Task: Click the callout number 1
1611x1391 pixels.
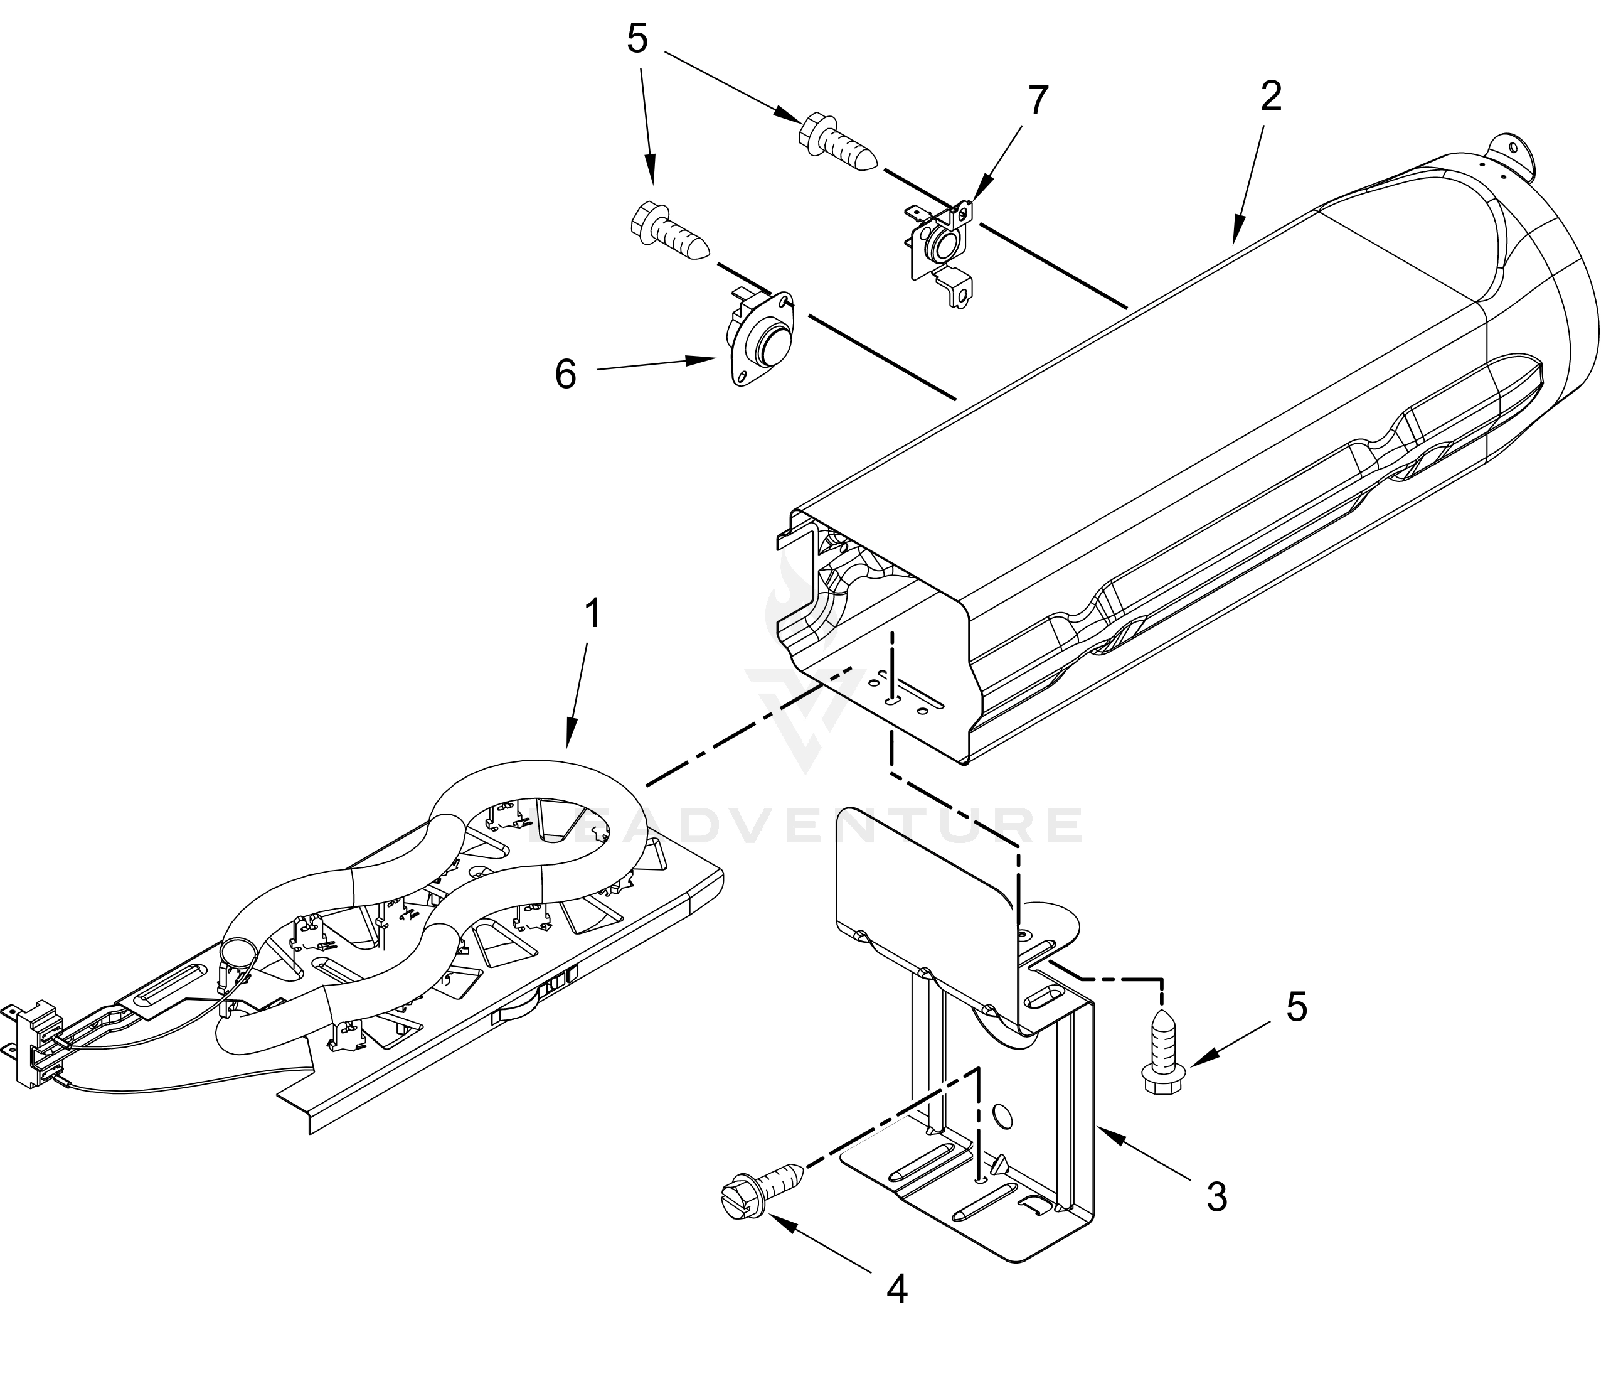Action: tap(592, 614)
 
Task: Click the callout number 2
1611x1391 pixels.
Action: tap(1270, 95)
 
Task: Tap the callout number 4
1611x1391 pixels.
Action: tap(896, 1291)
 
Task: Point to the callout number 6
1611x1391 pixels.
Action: tap(565, 374)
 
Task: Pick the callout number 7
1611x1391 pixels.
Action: tap(1038, 100)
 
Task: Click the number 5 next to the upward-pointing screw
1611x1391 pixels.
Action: tap(1297, 1007)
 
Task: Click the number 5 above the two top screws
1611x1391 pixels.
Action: tap(637, 39)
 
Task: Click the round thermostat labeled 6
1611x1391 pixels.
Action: tap(758, 338)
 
